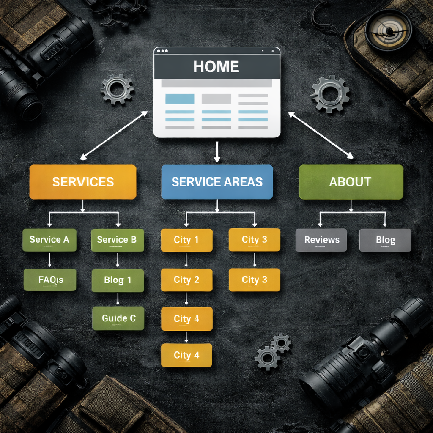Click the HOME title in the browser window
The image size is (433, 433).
216,66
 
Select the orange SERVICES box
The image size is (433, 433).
83,182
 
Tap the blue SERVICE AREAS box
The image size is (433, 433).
217,182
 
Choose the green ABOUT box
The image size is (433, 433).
351,182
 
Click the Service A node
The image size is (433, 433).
49,240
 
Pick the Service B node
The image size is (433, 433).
117,240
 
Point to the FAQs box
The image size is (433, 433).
50,280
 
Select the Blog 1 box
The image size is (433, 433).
118,280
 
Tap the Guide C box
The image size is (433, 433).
118,318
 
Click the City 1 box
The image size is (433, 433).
186,240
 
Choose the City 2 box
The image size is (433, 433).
186,280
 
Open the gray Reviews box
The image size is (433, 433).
321,240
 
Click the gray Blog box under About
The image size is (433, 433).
385,240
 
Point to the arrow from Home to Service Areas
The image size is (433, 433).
217,152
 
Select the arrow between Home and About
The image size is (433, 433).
321,135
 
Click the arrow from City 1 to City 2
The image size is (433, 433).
186,260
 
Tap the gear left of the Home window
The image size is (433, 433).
117,89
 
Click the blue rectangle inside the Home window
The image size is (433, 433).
180,99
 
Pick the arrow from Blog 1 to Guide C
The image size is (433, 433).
118,299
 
